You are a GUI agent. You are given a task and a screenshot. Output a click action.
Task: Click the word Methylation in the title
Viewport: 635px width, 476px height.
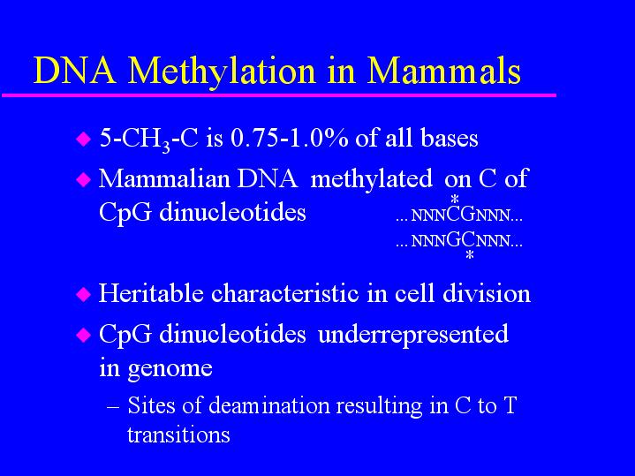pyautogui.click(x=222, y=72)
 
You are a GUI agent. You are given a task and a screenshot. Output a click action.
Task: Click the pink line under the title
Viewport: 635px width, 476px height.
pyautogui.click(x=279, y=95)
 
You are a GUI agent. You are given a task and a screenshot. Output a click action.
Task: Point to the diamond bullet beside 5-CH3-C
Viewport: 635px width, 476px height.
pyautogui.click(x=83, y=139)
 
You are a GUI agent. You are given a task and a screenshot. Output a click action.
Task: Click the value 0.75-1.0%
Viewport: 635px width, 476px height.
pyautogui.click(x=289, y=138)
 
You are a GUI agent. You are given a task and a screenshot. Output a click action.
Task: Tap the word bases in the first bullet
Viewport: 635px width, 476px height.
pyautogui.click(x=450, y=138)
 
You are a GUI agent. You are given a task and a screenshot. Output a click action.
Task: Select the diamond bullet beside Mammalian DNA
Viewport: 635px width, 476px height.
pyautogui.click(x=83, y=178)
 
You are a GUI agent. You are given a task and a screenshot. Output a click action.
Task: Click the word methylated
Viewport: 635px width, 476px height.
pyautogui.click(x=371, y=179)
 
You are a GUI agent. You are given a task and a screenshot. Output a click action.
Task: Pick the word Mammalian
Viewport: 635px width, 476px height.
pyautogui.click(x=164, y=178)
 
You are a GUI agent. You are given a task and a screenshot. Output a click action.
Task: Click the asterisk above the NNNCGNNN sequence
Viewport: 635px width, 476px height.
pyautogui.click(x=455, y=200)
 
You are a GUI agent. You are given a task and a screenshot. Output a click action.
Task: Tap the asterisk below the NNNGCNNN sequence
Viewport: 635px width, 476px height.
pyautogui.click(x=470, y=255)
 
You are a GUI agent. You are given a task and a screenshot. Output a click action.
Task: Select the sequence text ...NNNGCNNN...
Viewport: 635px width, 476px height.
pyautogui.click(x=459, y=240)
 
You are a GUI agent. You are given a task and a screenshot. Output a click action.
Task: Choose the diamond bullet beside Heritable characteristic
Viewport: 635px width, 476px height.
pyautogui.click(x=83, y=294)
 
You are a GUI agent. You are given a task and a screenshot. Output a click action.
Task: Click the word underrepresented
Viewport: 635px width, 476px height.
pyautogui.click(x=413, y=335)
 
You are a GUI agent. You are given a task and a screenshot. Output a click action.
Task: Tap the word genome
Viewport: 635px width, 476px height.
pyautogui.click(x=170, y=369)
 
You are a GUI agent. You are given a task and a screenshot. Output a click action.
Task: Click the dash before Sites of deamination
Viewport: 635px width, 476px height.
pyautogui.click(x=113, y=406)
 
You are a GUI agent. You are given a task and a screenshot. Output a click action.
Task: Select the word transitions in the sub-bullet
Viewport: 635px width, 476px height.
pyautogui.click(x=178, y=434)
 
